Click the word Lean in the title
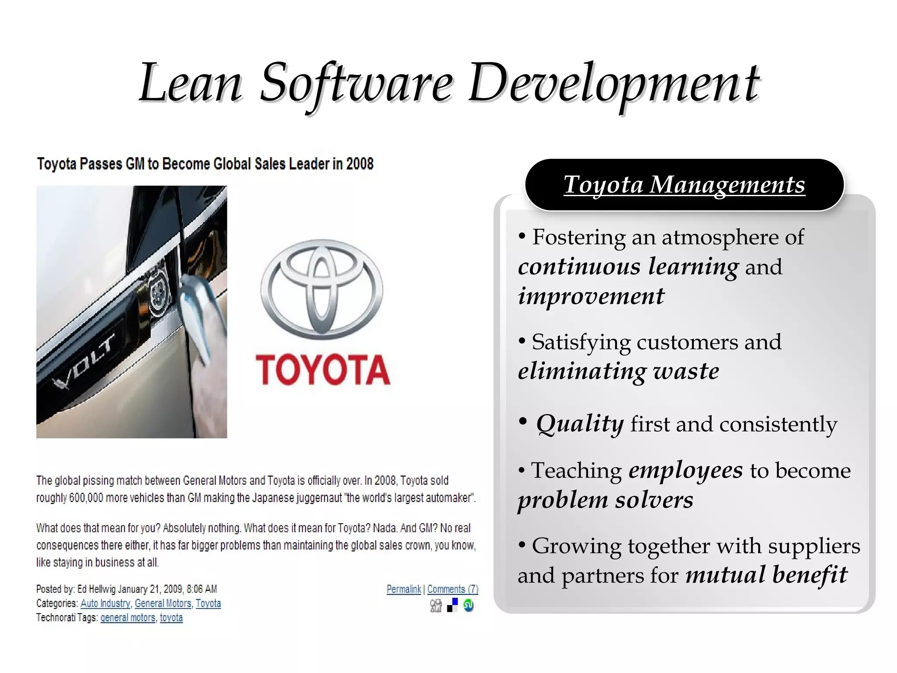point(191,83)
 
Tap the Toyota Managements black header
point(684,185)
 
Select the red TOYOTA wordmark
point(323,370)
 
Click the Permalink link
point(403,589)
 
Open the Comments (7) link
point(453,589)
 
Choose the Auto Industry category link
point(105,603)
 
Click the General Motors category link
point(163,603)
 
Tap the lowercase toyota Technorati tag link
point(171,618)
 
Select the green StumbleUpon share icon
point(468,606)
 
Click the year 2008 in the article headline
point(360,164)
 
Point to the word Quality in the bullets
point(580,424)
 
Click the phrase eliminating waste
point(618,371)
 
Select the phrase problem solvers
point(605,500)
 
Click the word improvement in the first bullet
point(591,296)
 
